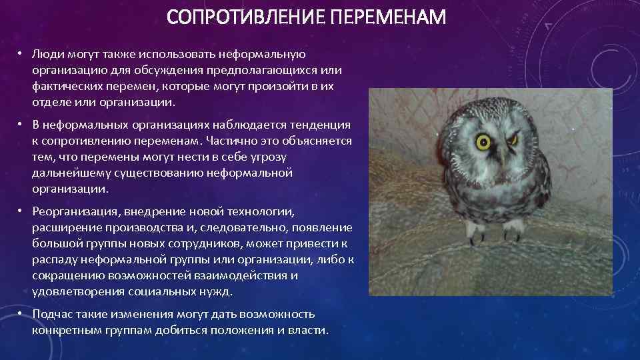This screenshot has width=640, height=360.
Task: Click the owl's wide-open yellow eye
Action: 483,141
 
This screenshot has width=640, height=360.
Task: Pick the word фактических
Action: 67,87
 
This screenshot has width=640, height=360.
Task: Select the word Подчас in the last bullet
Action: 51,314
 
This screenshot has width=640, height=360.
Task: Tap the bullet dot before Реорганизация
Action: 21,211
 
